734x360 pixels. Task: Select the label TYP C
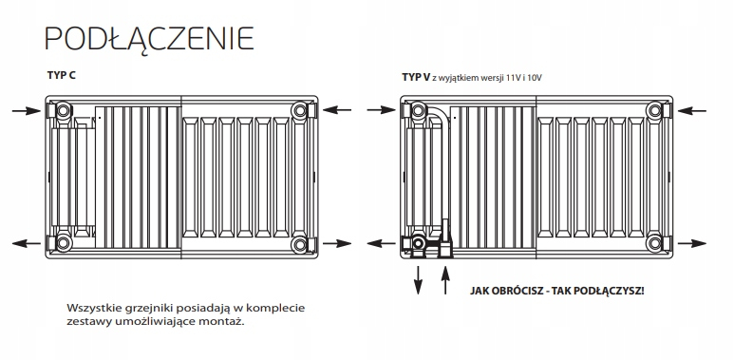tap(61, 74)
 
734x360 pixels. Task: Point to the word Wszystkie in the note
tap(97, 308)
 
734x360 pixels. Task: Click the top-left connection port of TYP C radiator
tap(63, 112)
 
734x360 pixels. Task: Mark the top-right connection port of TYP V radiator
tap(655, 112)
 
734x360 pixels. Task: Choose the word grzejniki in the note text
tap(157, 308)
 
